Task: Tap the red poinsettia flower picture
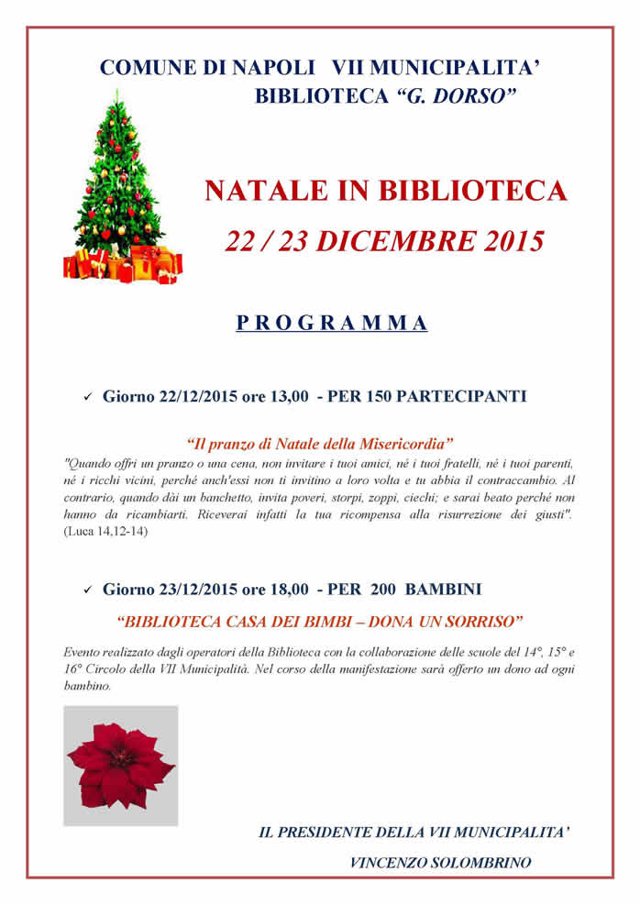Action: pyautogui.click(x=120, y=764)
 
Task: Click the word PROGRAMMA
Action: pyautogui.click(x=331, y=323)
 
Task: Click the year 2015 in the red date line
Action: pyautogui.click(x=502, y=240)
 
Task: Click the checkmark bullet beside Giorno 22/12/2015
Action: pyautogui.click(x=88, y=398)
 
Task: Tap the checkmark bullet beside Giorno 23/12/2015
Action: pyautogui.click(x=88, y=589)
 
